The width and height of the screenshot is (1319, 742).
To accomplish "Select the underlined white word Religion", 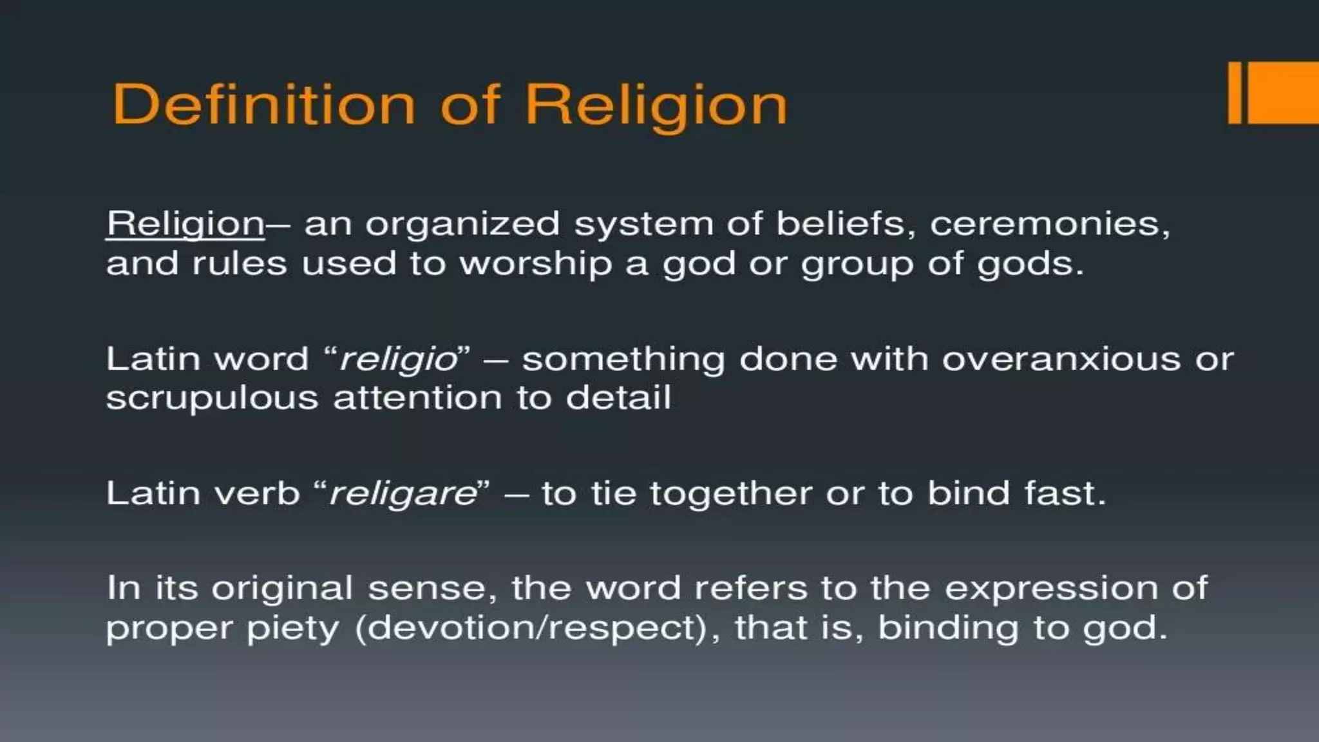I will pos(185,224).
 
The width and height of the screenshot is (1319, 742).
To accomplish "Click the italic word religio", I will pos(398,359).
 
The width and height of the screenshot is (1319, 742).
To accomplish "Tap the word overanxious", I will pos(1061,359).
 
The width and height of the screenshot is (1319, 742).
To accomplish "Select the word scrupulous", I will pos(213,399).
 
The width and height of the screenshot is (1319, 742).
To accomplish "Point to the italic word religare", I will pos(403,495).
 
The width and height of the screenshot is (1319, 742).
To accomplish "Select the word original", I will pos(282,589).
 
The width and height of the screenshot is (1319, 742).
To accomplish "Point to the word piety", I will pos(293,629).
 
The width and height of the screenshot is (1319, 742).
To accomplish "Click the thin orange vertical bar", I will pos(1235,93).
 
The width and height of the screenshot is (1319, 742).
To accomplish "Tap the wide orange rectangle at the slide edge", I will pos(1283,93).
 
